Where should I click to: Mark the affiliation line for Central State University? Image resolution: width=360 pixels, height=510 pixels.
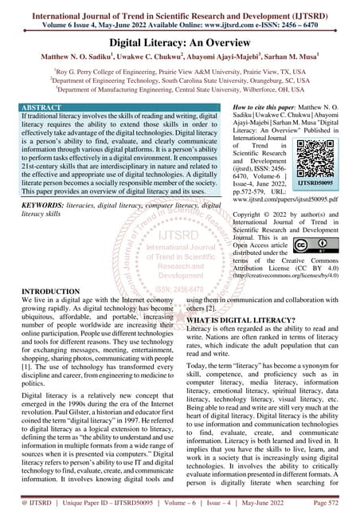click(x=179, y=89)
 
